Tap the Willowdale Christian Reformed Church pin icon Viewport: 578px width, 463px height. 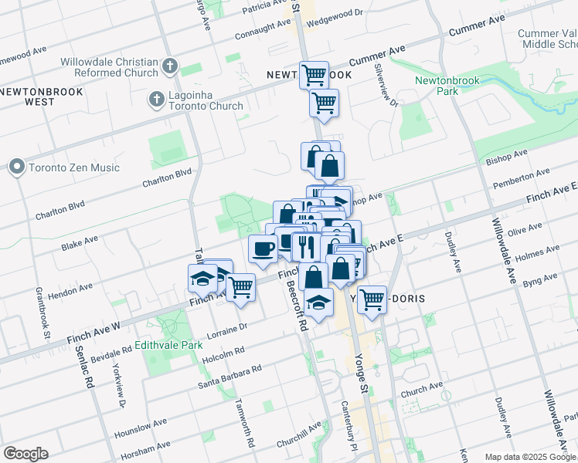171,67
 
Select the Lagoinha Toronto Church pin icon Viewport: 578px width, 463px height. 155,100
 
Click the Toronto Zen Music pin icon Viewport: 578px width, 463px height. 16,167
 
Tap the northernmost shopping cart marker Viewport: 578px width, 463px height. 314,76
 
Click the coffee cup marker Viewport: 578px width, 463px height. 263,249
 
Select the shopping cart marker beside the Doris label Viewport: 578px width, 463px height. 372,299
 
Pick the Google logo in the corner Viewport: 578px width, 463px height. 25,454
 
